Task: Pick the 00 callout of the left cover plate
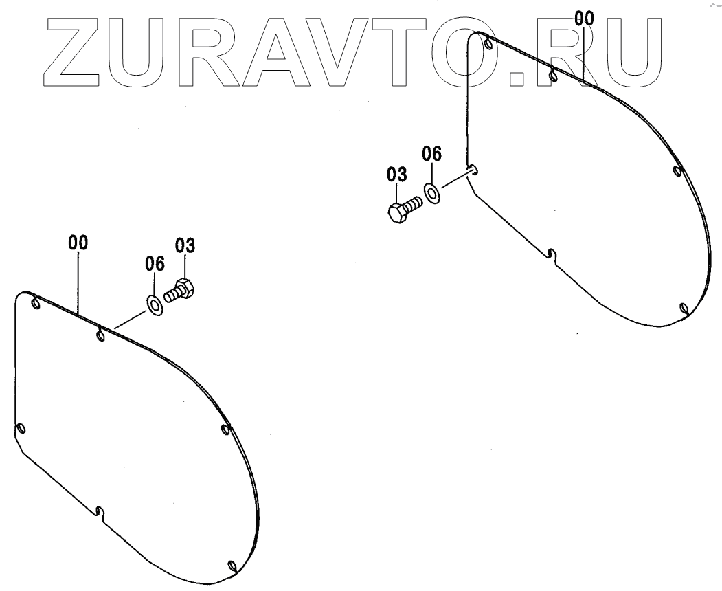(78, 243)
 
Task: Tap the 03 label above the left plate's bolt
(185, 245)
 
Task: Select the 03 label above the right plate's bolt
(396, 175)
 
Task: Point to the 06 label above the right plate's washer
(431, 154)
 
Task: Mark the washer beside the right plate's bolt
(433, 193)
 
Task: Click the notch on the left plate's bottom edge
(100, 511)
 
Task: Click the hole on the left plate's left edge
(21, 429)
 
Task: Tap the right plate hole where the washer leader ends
(473, 171)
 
